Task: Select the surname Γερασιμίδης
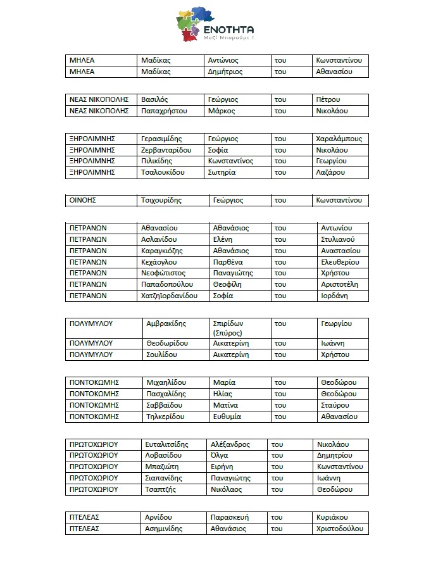tap(161, 139)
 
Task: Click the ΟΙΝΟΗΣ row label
tap(82, 200)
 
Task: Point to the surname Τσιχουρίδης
tap(161, 200)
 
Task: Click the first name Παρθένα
tap(228, 262)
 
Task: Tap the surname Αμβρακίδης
tap(166, 323)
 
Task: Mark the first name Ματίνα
tap(225, 405)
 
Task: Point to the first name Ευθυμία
tap(229, 417)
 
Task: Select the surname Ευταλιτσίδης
tap(167, 444)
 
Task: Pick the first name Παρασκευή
tap(230, 517)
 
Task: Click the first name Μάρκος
tap(222, 111)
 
